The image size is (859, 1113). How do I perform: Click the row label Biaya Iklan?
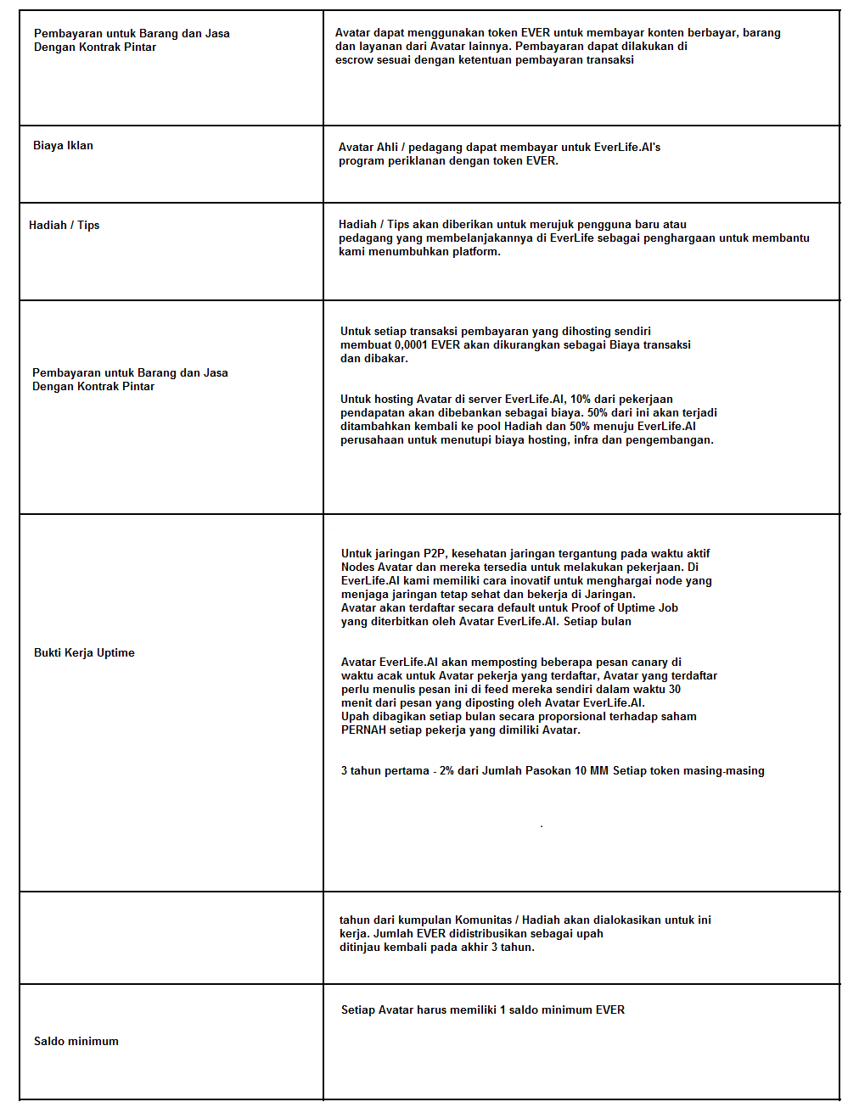click(x=63, y=146)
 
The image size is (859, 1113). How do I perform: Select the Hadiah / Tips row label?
click(x=64, y=226)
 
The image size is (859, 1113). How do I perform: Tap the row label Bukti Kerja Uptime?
click(x=84, y=653)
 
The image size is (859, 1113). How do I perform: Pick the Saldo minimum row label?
click(x=76, y=1042)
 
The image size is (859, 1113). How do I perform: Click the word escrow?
click(x=354, y=60)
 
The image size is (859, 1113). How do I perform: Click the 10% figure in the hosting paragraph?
click(x=581, y=400)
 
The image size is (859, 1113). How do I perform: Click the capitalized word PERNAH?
click(x=363, y=730)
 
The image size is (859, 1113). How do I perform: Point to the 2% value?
click(x=446, y=771)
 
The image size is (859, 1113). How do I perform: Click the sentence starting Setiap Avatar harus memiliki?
click(x=482, y=1010)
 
